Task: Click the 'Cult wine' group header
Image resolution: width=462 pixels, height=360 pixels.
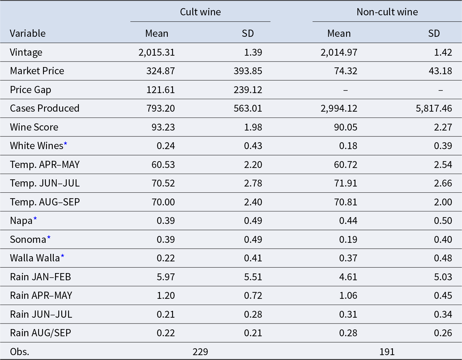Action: (200, 12)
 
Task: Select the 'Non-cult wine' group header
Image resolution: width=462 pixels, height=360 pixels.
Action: (387, 12)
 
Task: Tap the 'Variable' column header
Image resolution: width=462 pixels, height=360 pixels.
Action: (28, 34)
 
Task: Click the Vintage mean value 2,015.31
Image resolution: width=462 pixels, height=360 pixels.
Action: (157, 52)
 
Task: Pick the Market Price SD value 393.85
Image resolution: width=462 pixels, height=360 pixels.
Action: (248, 71)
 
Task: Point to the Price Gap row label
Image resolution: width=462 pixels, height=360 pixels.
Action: (30, 90)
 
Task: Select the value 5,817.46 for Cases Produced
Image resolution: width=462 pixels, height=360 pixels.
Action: (434, 108)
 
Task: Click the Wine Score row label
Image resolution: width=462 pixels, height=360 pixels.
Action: (34, 127)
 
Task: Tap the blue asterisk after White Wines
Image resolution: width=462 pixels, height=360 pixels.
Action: (65, 144)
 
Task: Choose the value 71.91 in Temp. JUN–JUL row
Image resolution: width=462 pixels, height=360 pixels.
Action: (345, 183)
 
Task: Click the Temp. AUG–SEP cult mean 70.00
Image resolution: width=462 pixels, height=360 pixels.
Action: (163, 202)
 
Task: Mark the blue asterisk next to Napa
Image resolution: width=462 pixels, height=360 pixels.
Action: (35, 219)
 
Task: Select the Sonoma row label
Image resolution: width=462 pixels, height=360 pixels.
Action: (28, 239)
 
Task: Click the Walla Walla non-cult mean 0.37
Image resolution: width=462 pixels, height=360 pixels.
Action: (348, 258)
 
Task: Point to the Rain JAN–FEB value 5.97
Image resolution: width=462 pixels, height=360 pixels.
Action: (166, 277)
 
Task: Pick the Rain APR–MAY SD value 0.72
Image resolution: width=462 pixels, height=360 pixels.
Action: (253, 296)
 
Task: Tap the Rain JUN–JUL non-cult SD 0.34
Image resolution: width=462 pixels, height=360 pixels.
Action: (443, 314)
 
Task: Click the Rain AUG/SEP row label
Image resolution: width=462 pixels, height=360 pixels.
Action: (40, 333)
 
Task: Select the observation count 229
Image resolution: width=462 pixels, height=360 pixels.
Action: (200, 352)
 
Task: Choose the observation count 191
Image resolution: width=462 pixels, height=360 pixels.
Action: (387, 352)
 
